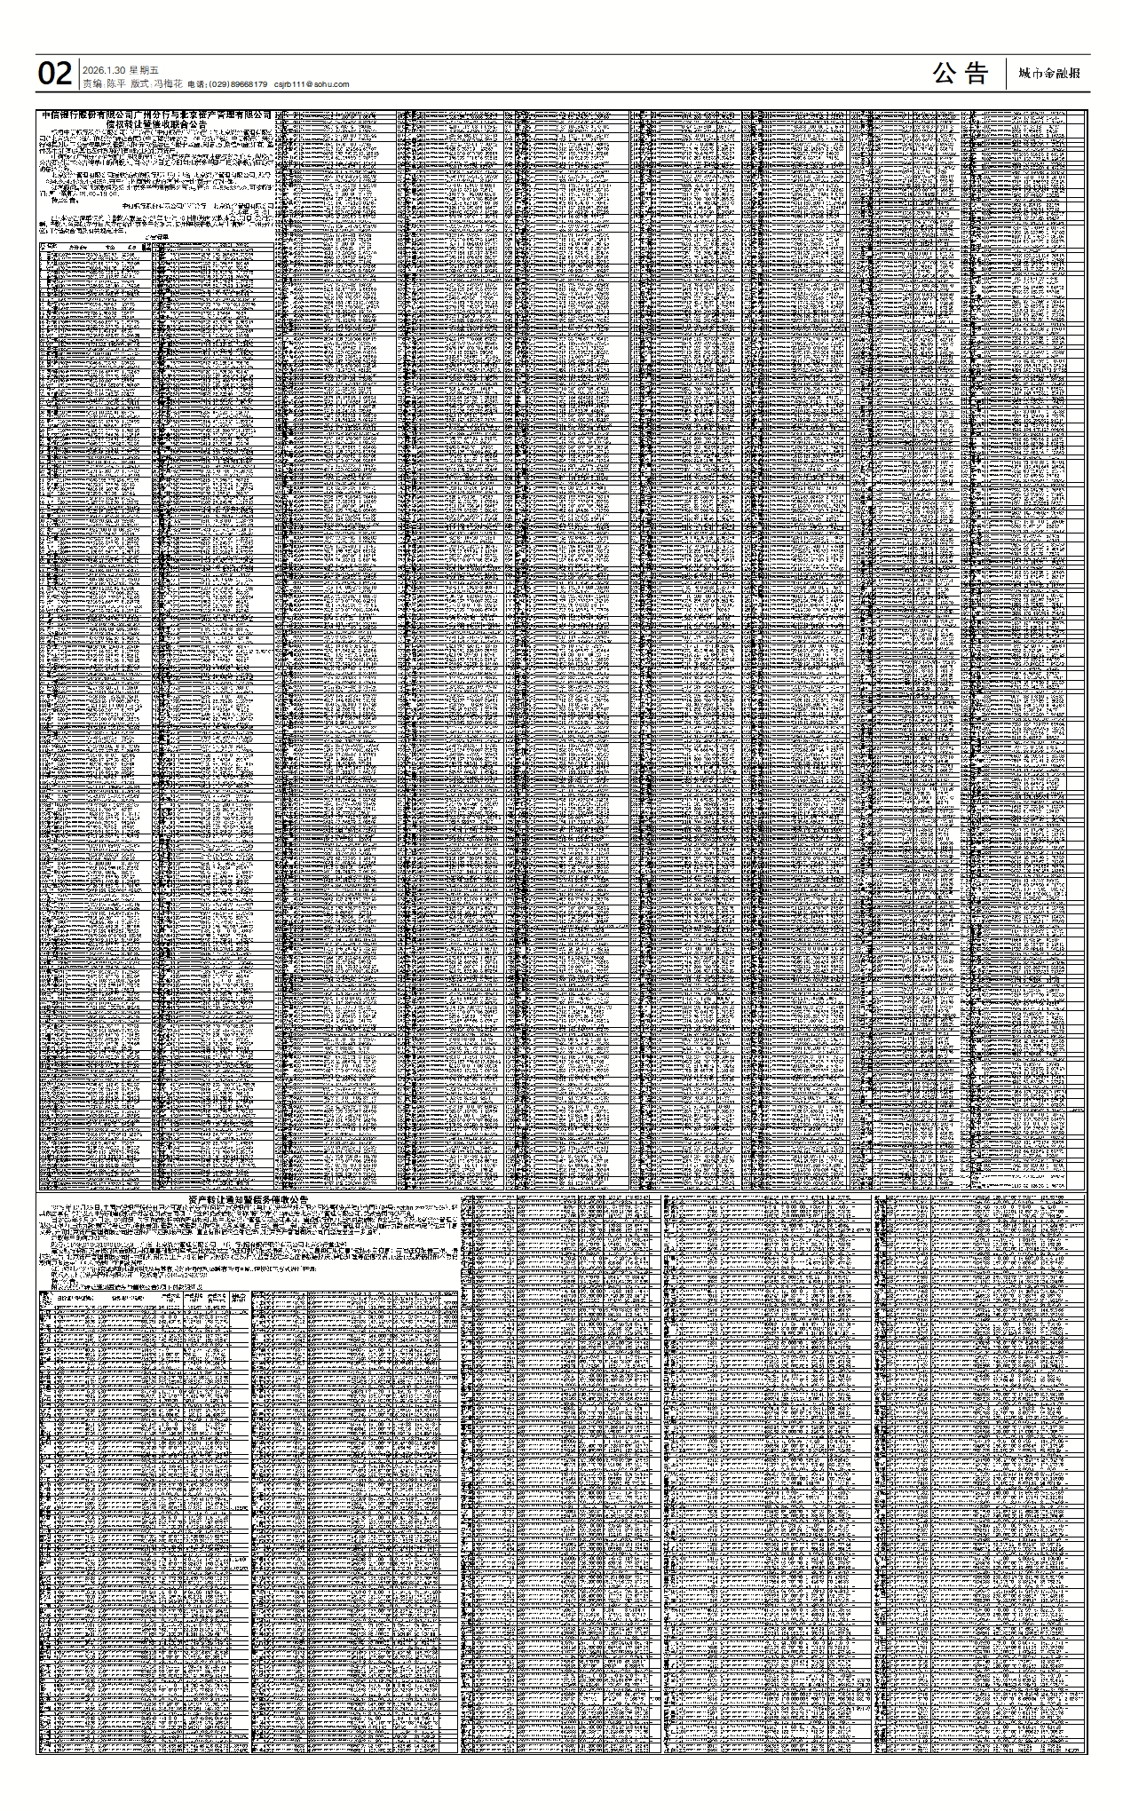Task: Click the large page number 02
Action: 54,74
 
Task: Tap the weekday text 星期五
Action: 144,70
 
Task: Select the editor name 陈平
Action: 115,83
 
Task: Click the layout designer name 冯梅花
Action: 168,83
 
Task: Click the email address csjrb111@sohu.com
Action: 312,84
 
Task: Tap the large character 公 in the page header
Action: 945,74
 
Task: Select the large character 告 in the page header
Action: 977,74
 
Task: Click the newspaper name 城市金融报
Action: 1049,74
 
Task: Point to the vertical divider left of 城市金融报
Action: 1007,74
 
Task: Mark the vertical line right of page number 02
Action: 77,74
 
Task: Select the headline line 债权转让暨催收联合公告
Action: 156,125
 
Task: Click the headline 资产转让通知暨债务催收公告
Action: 249,1199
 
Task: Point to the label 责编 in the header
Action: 91,83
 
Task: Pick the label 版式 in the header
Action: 138,83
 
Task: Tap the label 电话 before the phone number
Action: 195,84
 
